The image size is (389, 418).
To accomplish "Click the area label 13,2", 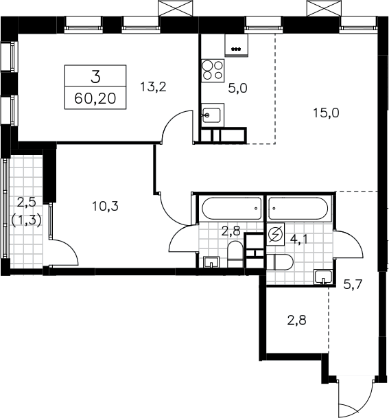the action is pyautogui.click(x=153, y=87).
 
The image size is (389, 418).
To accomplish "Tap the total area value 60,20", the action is pyautogui.click(x=95, y=99).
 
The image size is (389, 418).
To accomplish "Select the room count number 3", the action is pyautogui.click(x=95, y=77).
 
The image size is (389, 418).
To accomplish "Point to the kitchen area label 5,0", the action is pyautogui.click(x=237, y=89).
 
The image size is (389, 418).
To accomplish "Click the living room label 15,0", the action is pyautogui.click(x=326, y=113).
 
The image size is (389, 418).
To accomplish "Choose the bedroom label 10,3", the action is pyautogui.click(x=105, y=206).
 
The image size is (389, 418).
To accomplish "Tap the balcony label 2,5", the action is pyautogui.click(x=26, y=202).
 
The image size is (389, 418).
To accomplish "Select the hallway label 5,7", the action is pyautogui.click(x=353, y=285).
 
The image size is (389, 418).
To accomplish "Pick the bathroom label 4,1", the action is pyautogui.click(x=299, y=240).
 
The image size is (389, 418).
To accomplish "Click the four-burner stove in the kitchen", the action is pyautogui.click(x=213, y=71).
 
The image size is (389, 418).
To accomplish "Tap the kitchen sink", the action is pyautogui.click(x=213, y=115).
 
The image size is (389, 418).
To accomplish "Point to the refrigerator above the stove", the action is pyautogui.click(x=236, y=45).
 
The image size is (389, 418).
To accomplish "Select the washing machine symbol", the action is pyautogui.click(x=276, y=234).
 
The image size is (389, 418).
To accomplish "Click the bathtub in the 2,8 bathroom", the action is pyautogui.click(x=232, y=209).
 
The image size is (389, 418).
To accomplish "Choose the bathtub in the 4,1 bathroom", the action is pyautogui.click(x=298, y=209).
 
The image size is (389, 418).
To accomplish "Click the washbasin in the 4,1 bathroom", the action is pyautogui.click(x=323, y=277).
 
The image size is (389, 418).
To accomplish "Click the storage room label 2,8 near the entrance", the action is pyautogui.click(x=296, y=320).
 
